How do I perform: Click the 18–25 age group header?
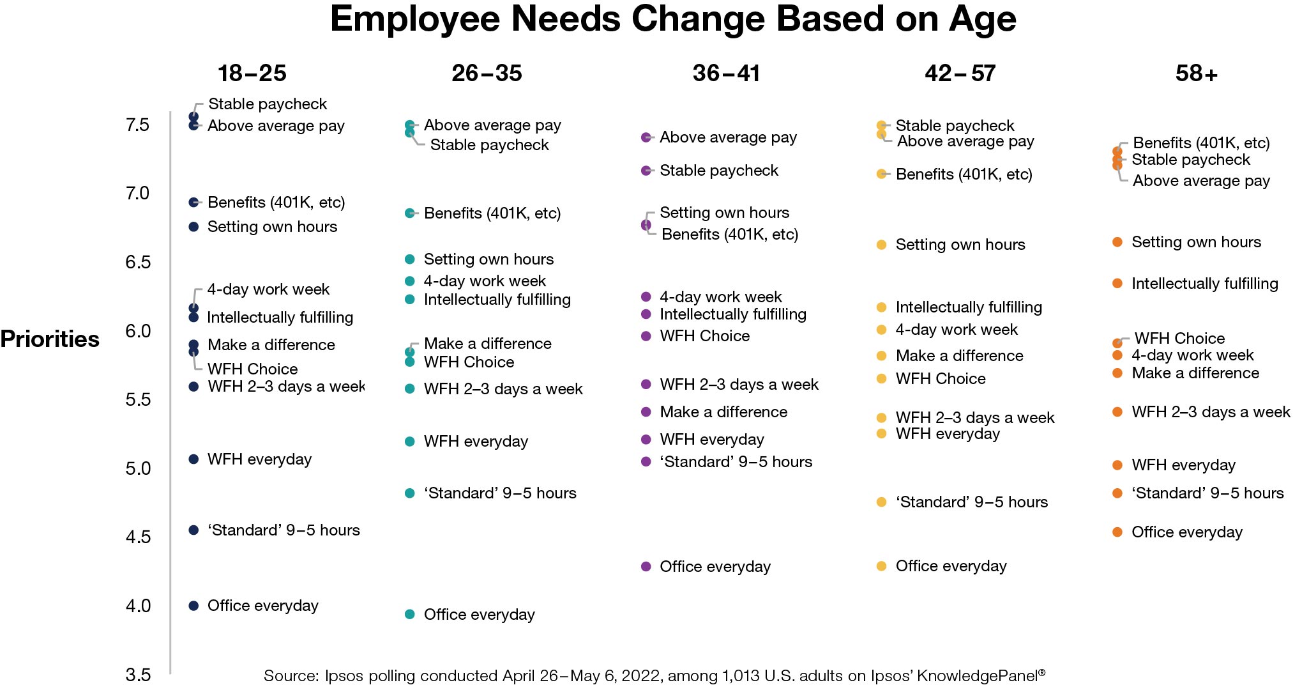(x=252, y=73)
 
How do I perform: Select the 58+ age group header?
(x=1196, y=73)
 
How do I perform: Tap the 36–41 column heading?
(x=726, y=73)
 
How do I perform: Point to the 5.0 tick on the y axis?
(x=138, y=468)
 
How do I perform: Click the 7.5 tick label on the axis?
(x=138, y=125)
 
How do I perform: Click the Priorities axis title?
(x=50, y=339)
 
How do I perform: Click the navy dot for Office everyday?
(x=193, y=606)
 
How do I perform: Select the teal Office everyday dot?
(x=410, y=614)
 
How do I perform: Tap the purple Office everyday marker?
(x=646, y=566)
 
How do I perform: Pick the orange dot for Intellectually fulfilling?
(x=1117, y=283)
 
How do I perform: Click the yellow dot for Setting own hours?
(x=881, y=244)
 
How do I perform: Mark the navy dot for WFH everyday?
(x=193, y=459)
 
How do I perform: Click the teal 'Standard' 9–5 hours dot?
(x=410, y=493)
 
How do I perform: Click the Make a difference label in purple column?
(x=723, y=412)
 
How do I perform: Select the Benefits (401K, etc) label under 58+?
(x=1200, y=142)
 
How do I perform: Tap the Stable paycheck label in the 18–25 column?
(x=267, y=104)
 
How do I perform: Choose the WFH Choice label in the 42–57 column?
(x=940, y=378)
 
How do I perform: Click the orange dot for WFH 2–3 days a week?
(x=1117, y=412)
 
